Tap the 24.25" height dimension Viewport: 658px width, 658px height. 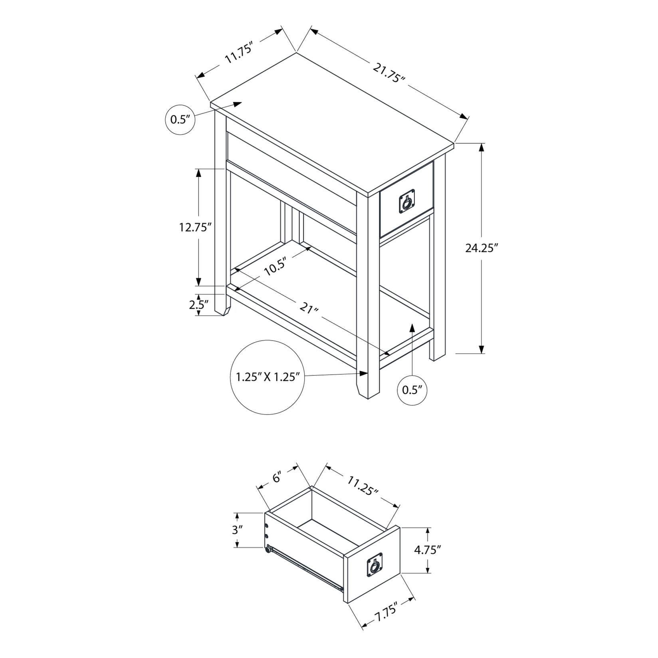pos(482,248)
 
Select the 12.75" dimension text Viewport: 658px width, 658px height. pos(195,228)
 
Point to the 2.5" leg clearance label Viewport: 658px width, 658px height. pos(199,305)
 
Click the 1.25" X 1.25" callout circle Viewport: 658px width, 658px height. pos(268,377)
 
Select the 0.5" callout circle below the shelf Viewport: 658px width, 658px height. pos(412,390)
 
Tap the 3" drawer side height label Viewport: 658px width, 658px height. pos(238,530)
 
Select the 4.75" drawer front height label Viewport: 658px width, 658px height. pos(427,550)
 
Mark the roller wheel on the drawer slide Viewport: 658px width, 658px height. pos(267,550)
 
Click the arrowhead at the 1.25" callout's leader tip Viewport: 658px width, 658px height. pos(363,373)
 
